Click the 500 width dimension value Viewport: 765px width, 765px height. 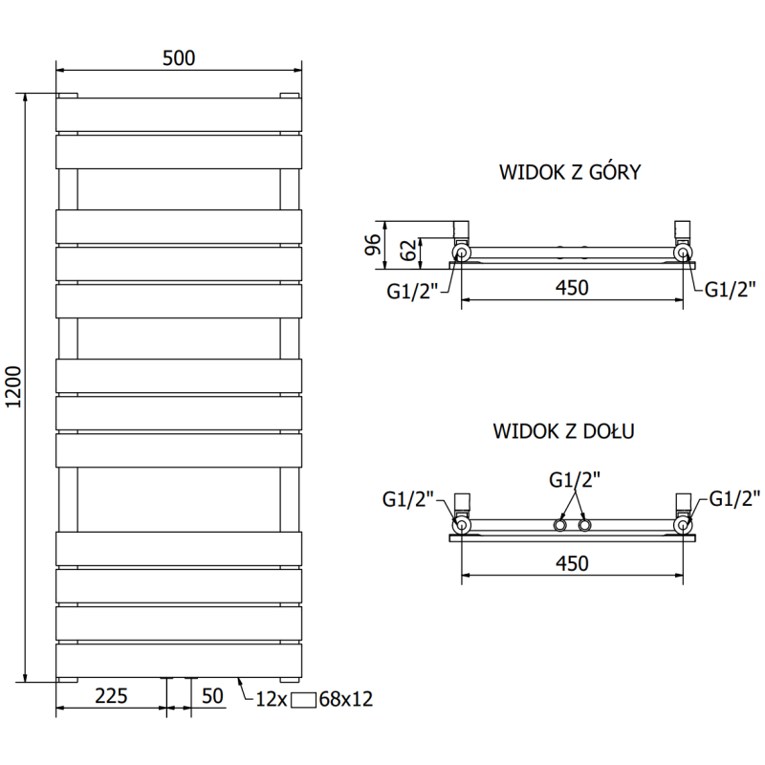coord(179,57)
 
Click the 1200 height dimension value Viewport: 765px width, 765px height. coord(14,388)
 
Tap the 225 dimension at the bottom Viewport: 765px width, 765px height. coord(111,695)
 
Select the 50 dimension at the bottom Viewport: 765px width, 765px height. coord(212,695)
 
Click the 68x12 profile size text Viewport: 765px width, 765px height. coord(345,699)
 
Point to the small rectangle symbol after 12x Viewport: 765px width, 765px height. coord(303,699)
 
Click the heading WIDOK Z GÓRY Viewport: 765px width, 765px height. coord(569,173)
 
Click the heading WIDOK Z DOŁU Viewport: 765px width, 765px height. coord(564,431)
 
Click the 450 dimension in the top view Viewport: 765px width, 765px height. coord(571,287)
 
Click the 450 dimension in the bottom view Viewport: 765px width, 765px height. coord(571,562)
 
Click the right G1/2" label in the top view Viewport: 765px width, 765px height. coord(731,291)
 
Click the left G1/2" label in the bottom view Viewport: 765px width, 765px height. coord(408,498)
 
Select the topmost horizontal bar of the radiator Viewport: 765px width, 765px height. coord(179,114)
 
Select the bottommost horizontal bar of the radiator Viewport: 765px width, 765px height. coord(179,660)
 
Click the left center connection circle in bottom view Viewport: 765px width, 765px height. coord(558,526)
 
